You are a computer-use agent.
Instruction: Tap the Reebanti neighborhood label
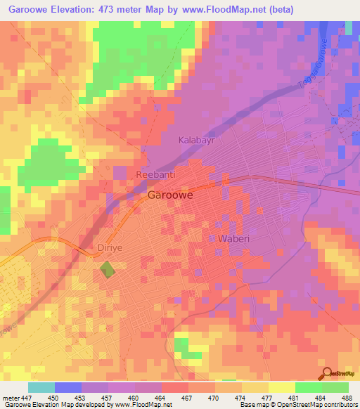click(155, 174)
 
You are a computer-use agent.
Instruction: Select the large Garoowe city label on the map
click(172, 196)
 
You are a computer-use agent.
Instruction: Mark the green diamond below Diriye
click(107, 268)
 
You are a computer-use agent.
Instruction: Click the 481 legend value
click(295, 397)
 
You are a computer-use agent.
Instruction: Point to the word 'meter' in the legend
click(11, 397)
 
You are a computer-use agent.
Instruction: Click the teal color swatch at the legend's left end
click(41, 387)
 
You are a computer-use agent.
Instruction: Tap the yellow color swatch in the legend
click(281, 387)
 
